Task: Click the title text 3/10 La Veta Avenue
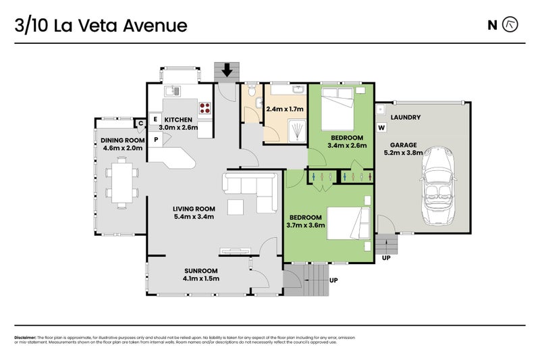(x=101, y=26)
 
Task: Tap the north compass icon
(x=512, y=26)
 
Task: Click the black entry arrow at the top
(x=227, y=69)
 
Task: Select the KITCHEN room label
(x=178, y=119)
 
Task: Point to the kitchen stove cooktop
(x=205, y=107)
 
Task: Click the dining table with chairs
(x=122, y=182)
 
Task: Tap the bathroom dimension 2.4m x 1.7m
(x=285, y=109)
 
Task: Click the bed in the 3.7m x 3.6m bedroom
(x=348, y=224)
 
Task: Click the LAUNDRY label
(x=405, y=118)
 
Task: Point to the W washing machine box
(x=381, y=128)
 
